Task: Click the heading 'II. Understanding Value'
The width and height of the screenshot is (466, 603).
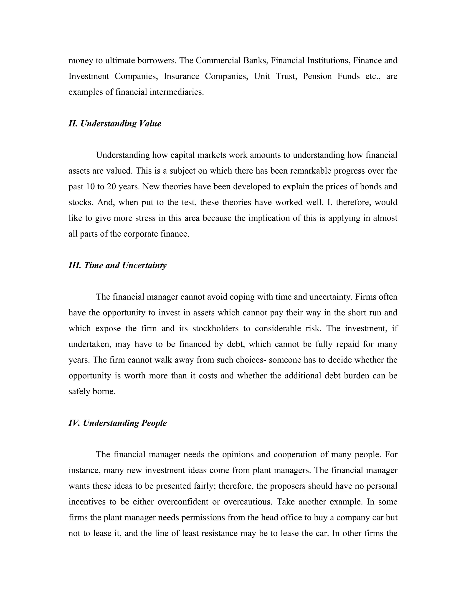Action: [115, 123]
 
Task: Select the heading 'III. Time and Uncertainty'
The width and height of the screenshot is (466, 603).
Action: [117, 265]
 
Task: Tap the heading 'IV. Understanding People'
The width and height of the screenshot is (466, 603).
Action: [117, 423]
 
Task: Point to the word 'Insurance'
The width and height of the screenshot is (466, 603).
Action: [181, 76]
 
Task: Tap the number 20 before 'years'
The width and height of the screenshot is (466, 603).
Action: [111, 187]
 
